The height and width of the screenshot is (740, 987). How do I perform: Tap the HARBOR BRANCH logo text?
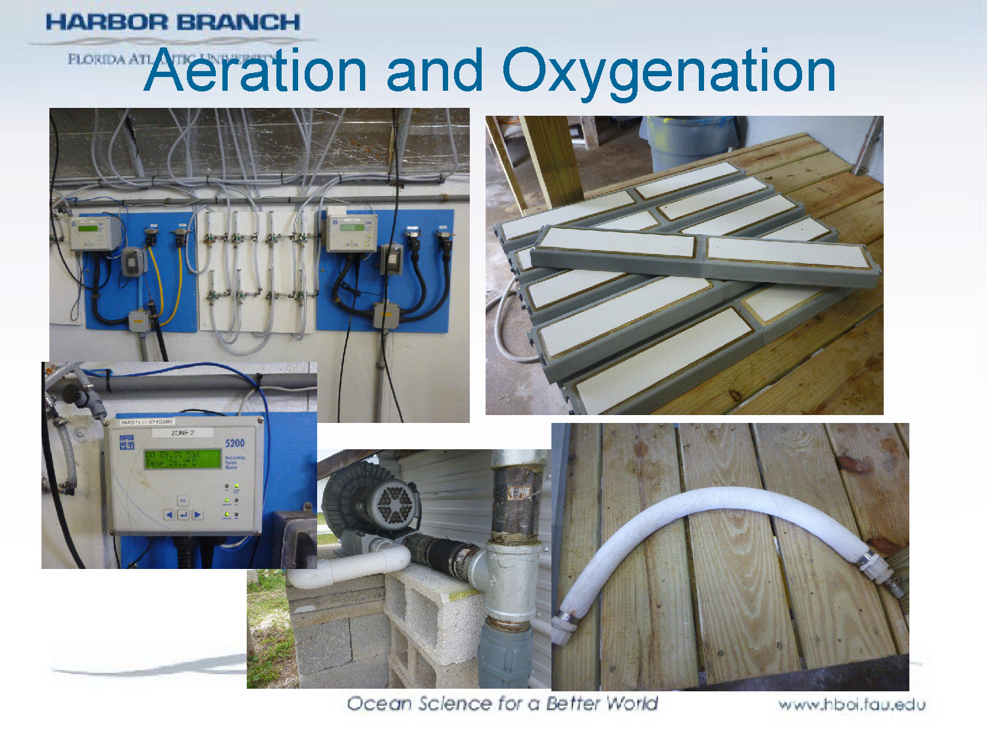coord(172,22)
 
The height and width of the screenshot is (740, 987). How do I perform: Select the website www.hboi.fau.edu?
coord(851,704)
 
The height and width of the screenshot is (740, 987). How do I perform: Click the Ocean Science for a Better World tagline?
coord(502,703)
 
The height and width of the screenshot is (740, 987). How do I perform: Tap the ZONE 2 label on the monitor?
coord(182,433)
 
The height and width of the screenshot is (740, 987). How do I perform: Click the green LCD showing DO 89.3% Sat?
coord(182,458)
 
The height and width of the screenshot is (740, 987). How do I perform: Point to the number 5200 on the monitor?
coord(234,443)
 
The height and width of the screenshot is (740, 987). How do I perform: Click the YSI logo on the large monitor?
coord(126,442)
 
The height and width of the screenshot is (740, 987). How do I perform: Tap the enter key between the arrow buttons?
coord(183,514)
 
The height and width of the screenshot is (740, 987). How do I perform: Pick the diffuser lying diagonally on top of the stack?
coord(704,253)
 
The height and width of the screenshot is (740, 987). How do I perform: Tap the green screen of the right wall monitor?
coord(351,228)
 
